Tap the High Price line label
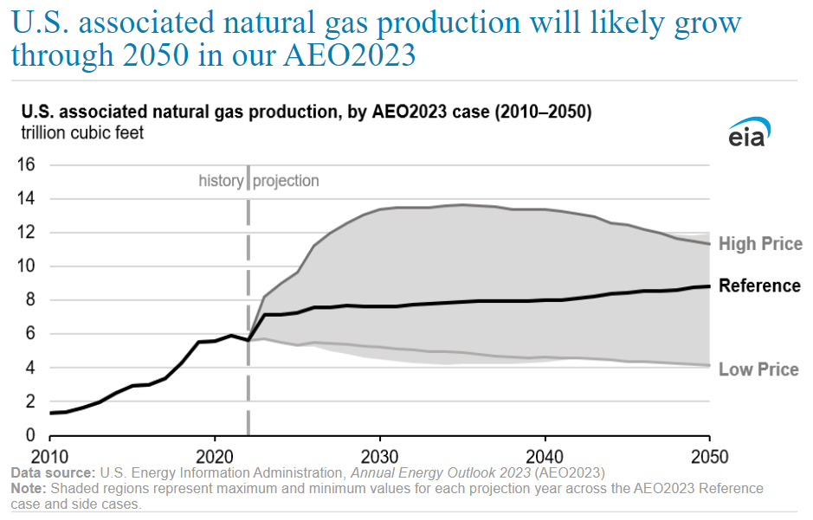tap(760, 244)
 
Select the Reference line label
tap(759, 286)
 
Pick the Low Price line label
tap(758, 369)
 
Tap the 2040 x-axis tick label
tap(545, 455)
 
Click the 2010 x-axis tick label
tap(49, 455)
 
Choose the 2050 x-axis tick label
tap(709, 455)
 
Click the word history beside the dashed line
tap(221, 181)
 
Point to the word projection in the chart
tap(286, 181)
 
